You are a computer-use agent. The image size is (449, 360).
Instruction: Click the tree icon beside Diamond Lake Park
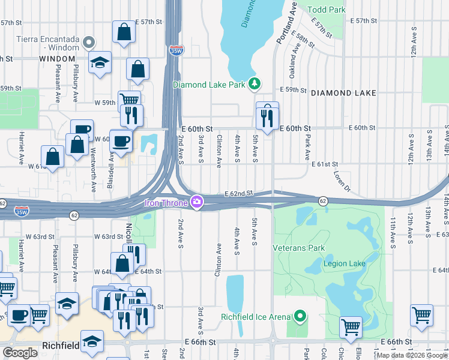tap(255, 84)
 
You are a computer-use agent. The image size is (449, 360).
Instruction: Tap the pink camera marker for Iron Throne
tap(196, 202)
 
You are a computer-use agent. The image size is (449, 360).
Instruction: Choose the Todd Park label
tap(326, 10)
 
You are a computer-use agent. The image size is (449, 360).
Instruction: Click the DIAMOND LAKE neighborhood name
tap(343, 93)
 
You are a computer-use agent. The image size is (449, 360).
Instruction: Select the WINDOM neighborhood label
tap(58, 59)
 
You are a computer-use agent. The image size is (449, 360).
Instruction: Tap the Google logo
tap(20, 353)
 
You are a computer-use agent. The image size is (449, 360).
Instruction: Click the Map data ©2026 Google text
tap(412, 355)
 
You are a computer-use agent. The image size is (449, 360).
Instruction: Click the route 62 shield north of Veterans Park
tap(322, 200)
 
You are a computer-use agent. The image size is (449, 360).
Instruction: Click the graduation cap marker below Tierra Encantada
tap(100, 63)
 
